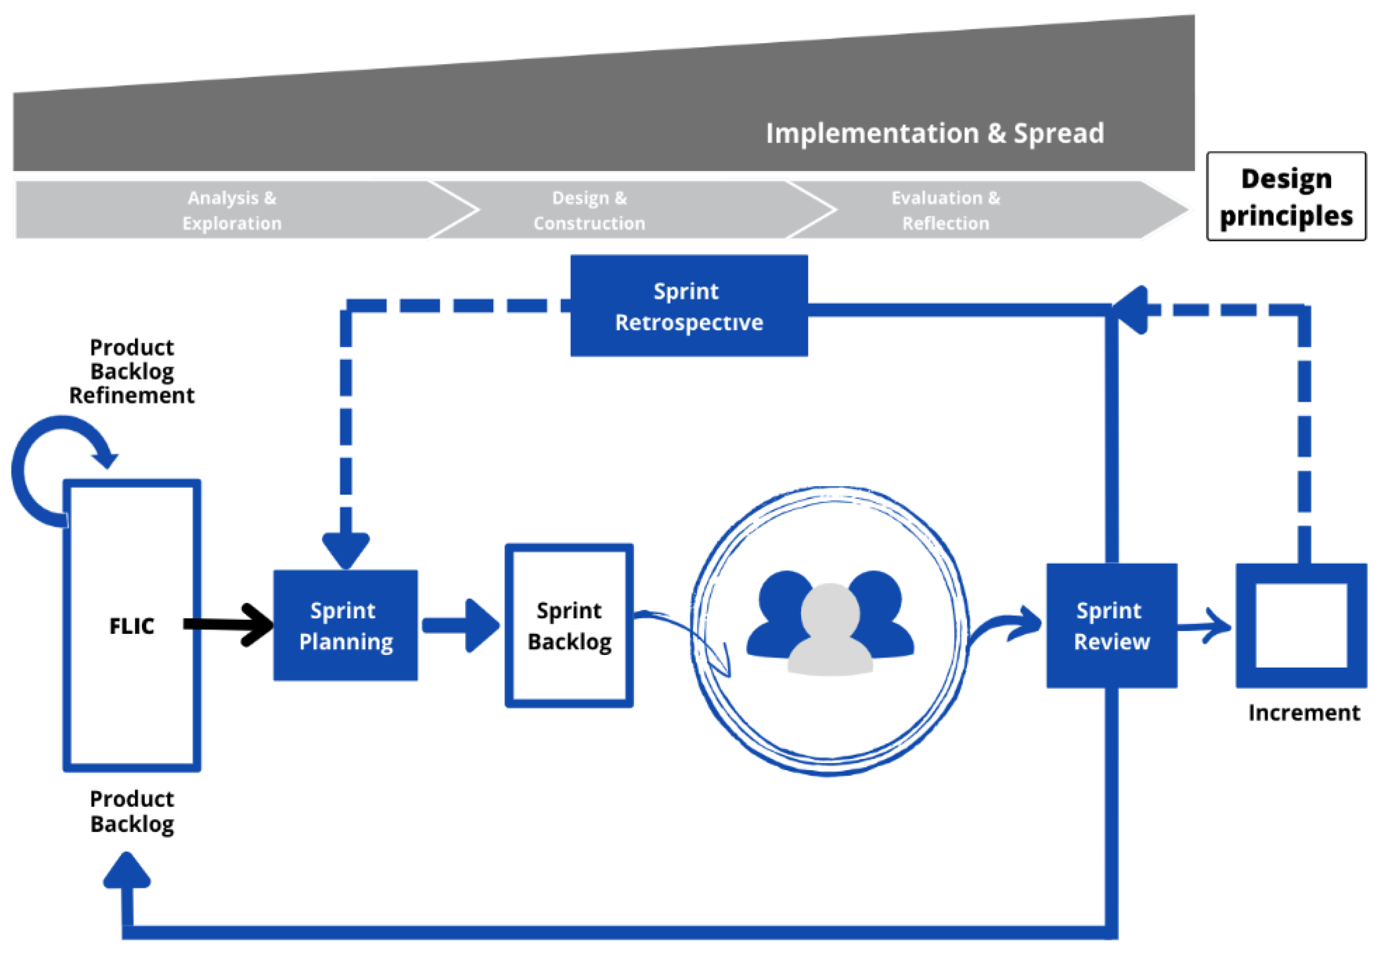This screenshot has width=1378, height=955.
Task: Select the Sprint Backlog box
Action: pos(569,626)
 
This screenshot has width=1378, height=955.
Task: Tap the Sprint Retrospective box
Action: pos(688,306)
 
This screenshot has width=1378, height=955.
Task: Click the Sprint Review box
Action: pos(1111,626)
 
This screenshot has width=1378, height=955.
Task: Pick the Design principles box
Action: pos(1286,196)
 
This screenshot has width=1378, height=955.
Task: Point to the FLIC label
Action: pos(132,626)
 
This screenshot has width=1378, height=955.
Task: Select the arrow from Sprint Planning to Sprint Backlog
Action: pos(461,626)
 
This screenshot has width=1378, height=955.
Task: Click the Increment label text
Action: pos(1304,713)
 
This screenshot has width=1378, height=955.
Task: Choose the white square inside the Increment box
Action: pos(1301,626)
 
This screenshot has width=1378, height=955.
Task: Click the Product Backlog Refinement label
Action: pos(132,371)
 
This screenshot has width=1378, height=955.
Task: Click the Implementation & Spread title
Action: pos(935,133)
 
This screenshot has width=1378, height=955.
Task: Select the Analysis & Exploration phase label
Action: pos(232,210)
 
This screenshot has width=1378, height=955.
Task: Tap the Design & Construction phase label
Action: pos(590,210)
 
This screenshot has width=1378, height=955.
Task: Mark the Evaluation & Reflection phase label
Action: pos(945,210)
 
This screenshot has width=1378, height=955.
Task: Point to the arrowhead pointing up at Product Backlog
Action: pos(126,873)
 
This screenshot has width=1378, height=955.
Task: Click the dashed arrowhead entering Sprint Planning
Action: pos(346,549)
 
